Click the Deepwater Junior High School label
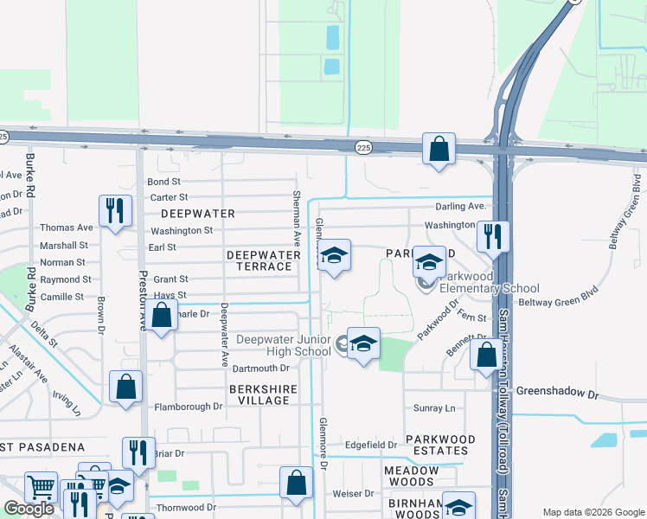284,346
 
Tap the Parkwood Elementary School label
490,283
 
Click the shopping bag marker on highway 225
439,148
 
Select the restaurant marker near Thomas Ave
115,211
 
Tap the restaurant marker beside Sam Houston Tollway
493,236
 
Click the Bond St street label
163,182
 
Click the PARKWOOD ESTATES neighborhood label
437,445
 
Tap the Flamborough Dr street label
188,407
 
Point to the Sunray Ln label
434,407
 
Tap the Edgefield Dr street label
370,445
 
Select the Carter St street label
169,197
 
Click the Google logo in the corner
29,508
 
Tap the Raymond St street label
66,279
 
